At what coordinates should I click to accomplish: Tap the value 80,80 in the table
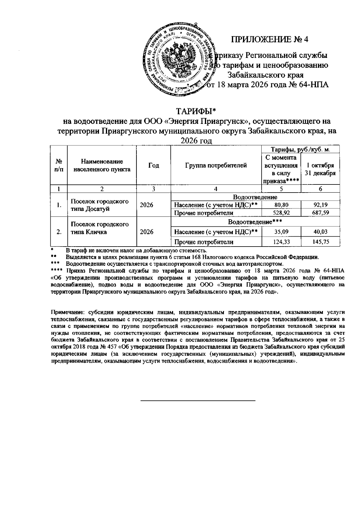(281, 205)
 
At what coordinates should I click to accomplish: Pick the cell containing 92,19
(320, 205)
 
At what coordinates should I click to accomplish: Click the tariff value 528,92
(281, 213)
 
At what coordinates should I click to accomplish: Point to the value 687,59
(320, 213)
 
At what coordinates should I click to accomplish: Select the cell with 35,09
(281, 232)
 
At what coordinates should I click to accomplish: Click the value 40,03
(320, 232)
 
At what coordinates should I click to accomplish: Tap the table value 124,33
(281, 242)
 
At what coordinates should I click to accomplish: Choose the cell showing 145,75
(320, 242)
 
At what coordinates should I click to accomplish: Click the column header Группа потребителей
(216, 165)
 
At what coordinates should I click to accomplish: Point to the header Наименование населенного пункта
(102, 166)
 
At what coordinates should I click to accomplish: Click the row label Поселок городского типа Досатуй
(100, 205)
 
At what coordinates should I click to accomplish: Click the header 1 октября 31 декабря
(320, 169)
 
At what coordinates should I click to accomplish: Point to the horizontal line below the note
(198, 400)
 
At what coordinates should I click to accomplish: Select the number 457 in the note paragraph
(113, 347)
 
